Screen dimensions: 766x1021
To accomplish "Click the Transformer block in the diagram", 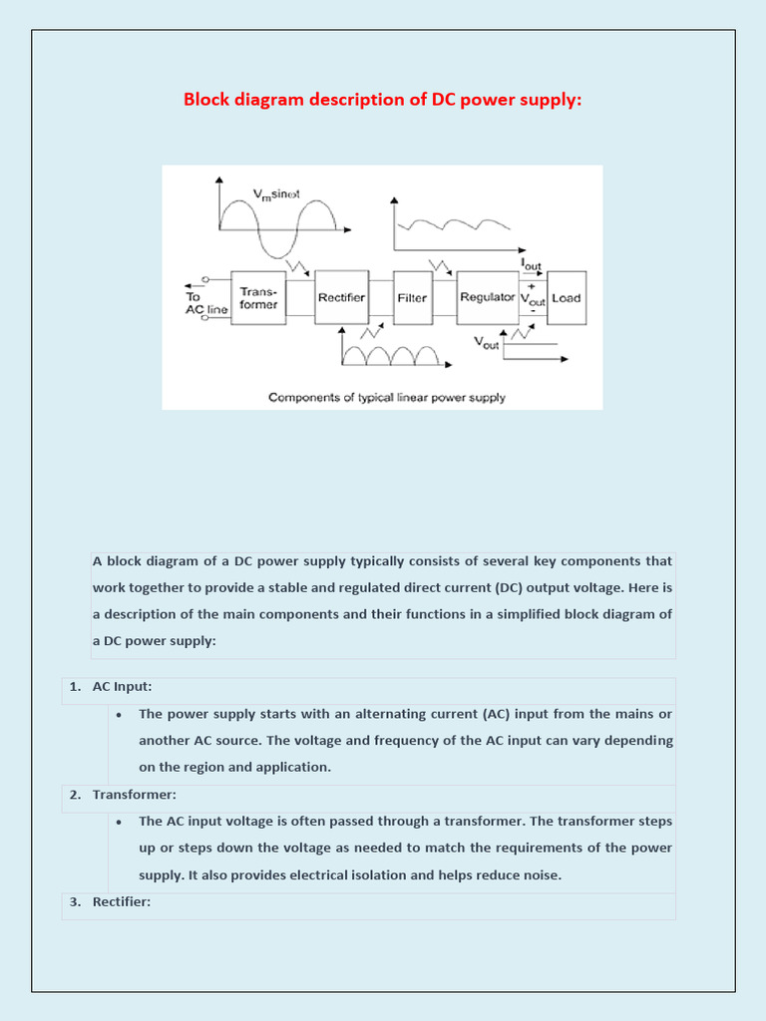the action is [258, 297].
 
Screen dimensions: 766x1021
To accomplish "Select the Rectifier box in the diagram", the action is [341, 297].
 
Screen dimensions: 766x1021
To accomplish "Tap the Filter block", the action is [412, 297].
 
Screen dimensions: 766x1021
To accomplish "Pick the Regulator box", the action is [487, 297].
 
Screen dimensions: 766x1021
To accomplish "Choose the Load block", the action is [567, 297].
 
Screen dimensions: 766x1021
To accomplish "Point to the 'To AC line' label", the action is [206, 303].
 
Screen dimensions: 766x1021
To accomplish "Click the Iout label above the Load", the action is [533, 263].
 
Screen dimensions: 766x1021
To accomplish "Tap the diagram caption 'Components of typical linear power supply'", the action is [386, 397].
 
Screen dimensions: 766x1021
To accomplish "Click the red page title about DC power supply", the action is [382, 100].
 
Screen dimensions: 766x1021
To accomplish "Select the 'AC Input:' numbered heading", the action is [122, 687].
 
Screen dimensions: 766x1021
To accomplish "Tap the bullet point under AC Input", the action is [119, 715].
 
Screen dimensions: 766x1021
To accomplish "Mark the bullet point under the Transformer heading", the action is [119, 823].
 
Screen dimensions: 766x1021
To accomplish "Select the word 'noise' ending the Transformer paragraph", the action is [540, 875].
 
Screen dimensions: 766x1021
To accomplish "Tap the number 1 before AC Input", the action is [75, 687].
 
